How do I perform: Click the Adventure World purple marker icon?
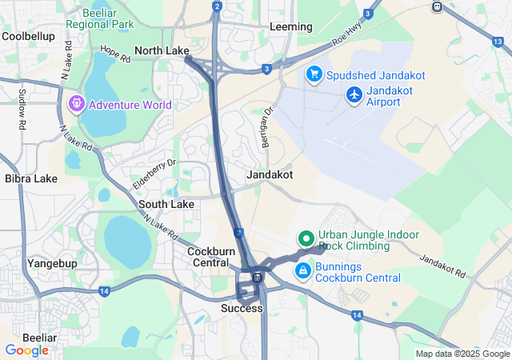point(77,104)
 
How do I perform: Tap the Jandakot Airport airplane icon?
point(354,95)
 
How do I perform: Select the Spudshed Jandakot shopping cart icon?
point(314,75)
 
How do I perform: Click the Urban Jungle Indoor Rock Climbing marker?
point(305,238)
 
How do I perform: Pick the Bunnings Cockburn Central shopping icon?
point(303,271)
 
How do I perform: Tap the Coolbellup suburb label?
point(29,36)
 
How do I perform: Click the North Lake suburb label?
point(162,50)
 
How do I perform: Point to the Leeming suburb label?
point(291,26)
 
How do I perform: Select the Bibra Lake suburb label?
point(30,178)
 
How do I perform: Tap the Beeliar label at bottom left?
point(39,338)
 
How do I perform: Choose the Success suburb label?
point(242,308)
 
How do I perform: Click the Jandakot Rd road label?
point(442,266)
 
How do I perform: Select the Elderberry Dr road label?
point(154,176)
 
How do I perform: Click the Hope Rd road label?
point(115,54)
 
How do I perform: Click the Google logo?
point(26,350)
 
